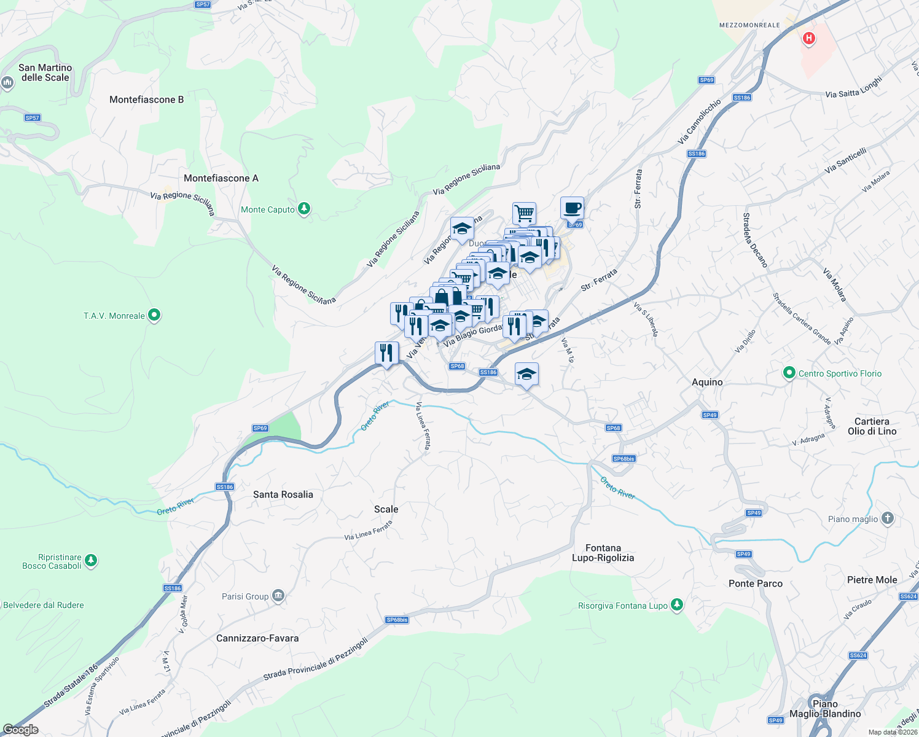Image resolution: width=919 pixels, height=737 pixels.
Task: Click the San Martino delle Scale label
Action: [45, 72]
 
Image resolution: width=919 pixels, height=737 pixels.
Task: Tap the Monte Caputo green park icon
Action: [303, 209]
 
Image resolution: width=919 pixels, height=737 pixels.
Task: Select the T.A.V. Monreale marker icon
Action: [155, 316]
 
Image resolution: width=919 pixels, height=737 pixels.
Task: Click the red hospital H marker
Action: [809, 39]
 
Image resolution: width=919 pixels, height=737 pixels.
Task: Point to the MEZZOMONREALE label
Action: [749, 25]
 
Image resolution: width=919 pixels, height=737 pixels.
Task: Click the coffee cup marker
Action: [572, 208]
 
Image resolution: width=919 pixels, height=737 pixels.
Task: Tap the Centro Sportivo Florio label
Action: [839, 373]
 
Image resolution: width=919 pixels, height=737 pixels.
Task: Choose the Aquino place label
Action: [707, 382]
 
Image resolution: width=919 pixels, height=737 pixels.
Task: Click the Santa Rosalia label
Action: [283, 494]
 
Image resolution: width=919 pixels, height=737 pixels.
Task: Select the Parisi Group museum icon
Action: [278, 596]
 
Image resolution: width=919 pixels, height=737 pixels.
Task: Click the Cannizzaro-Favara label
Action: [257, 638]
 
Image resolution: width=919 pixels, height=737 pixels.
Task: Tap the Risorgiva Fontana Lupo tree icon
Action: [677, 605]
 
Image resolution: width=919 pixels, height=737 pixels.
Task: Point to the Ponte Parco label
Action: [755, 583]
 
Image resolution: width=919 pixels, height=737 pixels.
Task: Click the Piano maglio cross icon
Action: [887, 518]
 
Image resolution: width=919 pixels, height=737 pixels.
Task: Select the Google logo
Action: [20, 730]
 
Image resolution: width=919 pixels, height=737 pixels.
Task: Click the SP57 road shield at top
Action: [203, 4]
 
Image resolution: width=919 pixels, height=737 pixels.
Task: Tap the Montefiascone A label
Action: [221, 178]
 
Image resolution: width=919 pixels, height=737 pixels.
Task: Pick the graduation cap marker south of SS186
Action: [526, 374]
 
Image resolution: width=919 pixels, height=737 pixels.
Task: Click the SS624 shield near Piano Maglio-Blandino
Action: [858, 655]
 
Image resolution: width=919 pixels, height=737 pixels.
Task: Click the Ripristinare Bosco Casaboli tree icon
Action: [91, 560]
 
